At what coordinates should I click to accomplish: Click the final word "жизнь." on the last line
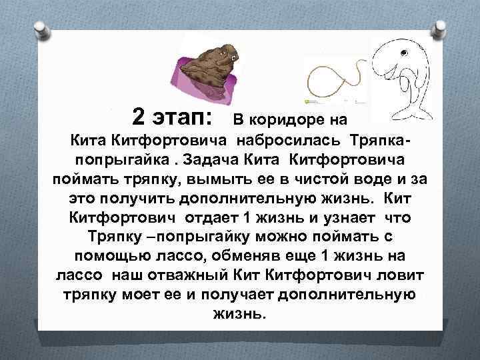(239, 314)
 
